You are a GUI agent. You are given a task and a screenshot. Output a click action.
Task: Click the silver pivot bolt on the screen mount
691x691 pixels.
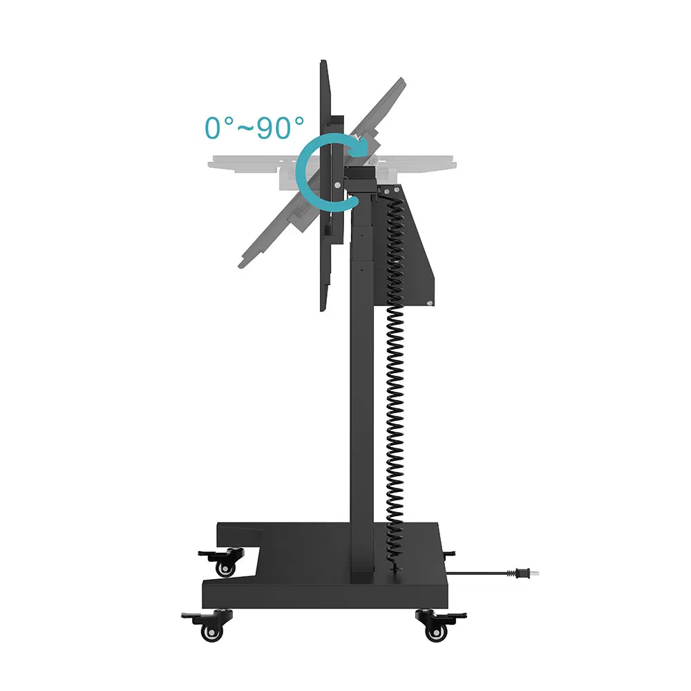click(x=338, y=185)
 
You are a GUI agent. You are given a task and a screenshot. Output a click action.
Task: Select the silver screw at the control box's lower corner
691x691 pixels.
click(x=430, y=303)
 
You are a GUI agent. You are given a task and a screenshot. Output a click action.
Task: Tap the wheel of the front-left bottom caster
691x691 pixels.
click(x=212, y=633)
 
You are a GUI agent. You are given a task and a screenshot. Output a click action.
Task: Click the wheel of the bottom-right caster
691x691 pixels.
click(x=435, y=632)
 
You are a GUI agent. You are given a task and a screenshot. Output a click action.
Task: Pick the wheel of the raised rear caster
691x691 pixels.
click(x=226, y=569)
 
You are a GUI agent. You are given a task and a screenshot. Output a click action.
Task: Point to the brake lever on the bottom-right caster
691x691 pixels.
click(x=454, y=615)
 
